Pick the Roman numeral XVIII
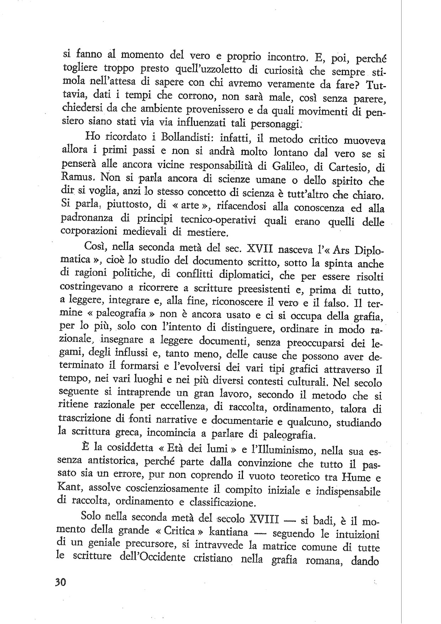[264, 519]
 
